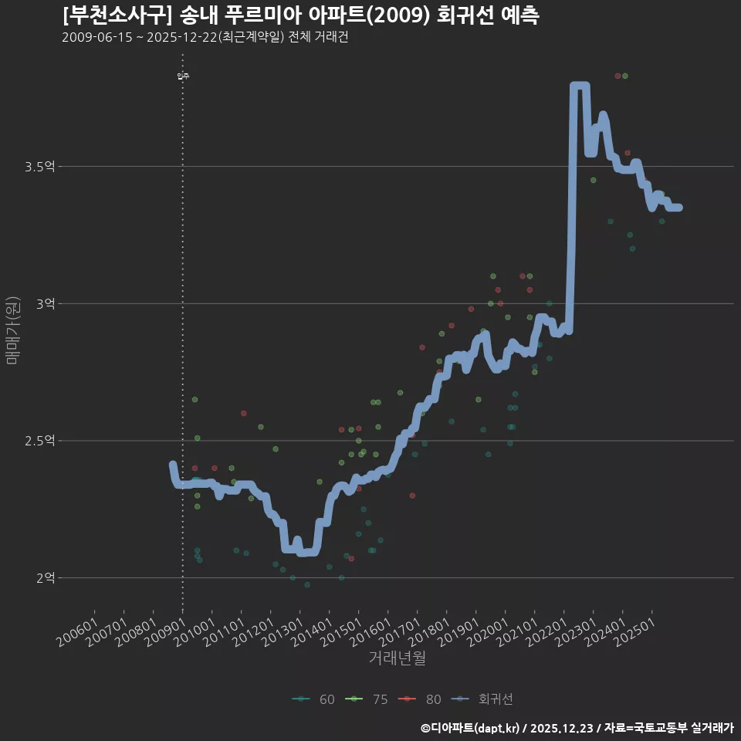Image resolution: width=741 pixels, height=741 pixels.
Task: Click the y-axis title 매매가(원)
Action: (x=12, y=330)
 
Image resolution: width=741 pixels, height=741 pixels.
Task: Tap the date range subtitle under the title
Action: (x=205, y=38)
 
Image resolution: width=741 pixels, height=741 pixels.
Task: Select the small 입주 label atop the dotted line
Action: (x=182, y=76)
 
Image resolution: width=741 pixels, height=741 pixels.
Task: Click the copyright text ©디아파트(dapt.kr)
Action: (x=471, y=728)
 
